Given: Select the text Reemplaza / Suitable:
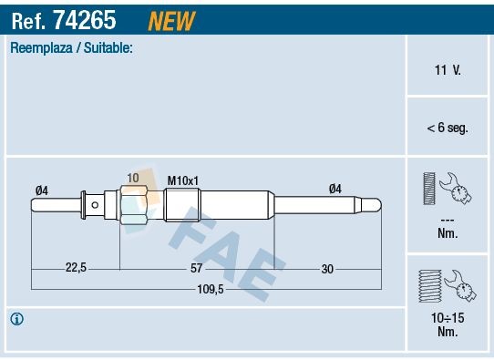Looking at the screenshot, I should point(72,47).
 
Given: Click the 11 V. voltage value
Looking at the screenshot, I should point(447,69).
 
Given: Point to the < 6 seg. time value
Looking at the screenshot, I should point(447,129).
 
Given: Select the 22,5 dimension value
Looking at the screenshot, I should point(76,268).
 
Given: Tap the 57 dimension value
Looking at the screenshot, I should point(196,268).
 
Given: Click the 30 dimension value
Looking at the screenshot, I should point(327,268).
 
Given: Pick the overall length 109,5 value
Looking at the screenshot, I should point(211,289).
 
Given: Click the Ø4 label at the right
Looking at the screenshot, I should point(334,190).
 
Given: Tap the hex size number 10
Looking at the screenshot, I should point(133,178).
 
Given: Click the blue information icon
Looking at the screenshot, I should point(16,319).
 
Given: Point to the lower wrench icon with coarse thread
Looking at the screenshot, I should point(447,286).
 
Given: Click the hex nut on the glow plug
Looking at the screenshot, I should point(133,204).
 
